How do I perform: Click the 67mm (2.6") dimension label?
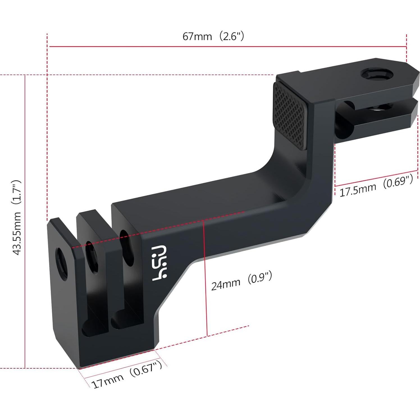[x=213, y=36]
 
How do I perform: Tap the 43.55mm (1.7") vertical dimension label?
[x=17, y=218]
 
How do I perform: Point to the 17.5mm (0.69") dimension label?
[x=376, y=186]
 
